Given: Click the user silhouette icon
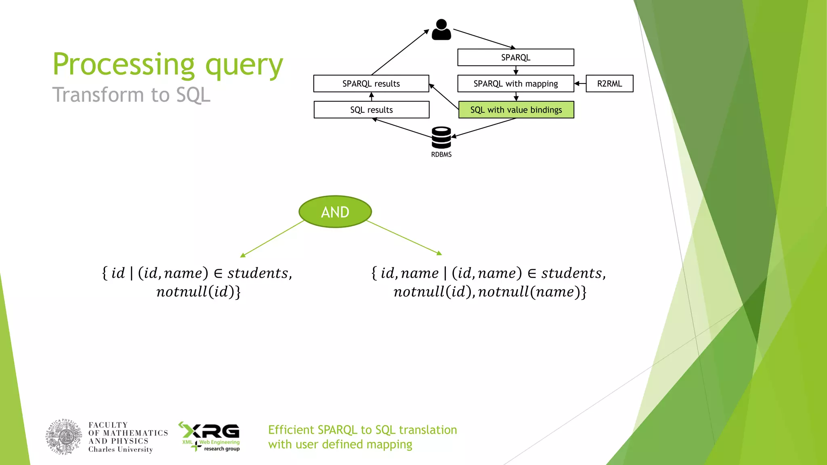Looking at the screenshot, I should pos(441,29).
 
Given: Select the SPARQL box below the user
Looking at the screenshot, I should pos(515,57).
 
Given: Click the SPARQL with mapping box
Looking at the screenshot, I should pos(515,84).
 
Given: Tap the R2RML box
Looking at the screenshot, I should pos(609,84).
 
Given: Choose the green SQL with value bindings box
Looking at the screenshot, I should pos(516,110).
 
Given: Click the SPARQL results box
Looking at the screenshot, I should pos(371,84).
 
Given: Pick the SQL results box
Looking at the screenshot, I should pos(371,110).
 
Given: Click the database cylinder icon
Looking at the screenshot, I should pos(441,138).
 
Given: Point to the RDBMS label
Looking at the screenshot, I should pos(441,155).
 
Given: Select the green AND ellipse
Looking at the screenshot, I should pos(335,212).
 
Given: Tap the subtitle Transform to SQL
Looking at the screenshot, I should pos(131,95).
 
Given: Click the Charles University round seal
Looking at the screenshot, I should pos(64,437).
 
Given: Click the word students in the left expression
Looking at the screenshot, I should pos(258,273).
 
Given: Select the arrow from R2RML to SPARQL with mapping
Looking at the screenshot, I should pos(580,84).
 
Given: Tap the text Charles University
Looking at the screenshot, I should pos(120,450).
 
